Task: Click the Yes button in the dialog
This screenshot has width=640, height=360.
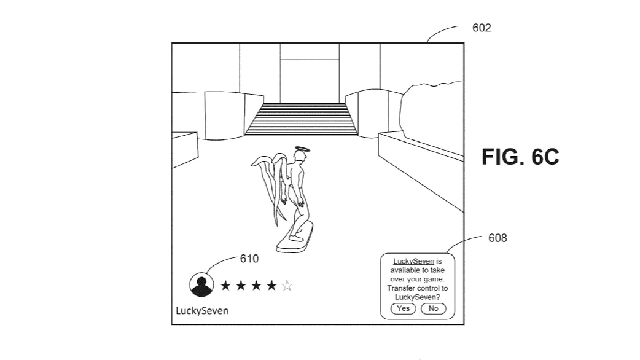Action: tap(404, 309)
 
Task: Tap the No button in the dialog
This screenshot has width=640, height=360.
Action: tap(432, 309)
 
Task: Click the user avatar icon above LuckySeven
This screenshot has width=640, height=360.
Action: tap(202, 286)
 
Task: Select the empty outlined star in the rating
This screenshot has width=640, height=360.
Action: tap(288, 286)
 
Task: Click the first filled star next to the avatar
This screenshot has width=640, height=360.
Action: tap(225, 286)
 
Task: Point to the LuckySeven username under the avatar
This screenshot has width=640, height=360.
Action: tap(201, 311)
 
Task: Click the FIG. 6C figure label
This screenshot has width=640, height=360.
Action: tap(523, 158)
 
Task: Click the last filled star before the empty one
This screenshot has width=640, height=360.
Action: tap(272, 286)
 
